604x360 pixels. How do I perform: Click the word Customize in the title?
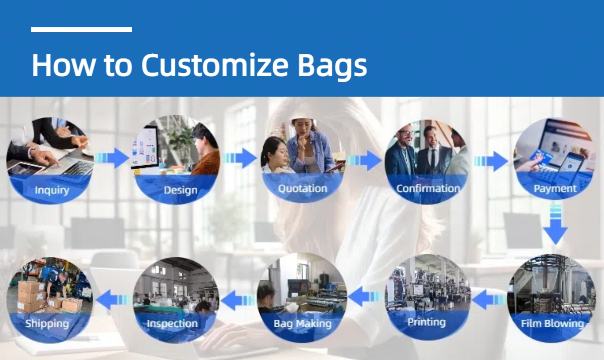pyautogui.click(x=215, y=65)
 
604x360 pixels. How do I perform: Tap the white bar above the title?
pyautogui.click(x=82, y=30)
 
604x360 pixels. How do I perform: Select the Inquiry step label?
pyautogui.click(x=52, y=190)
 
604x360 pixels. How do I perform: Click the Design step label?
pyautogui.click(x=181, y=190)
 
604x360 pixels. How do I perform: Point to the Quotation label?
pyautogui.click(x=303, y=188)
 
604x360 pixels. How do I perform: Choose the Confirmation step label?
pyautogui.click(x=428, y=188)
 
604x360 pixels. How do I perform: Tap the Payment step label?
pyautogui.click(x=555, y=189)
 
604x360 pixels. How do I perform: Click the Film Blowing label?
pyautogui.click(x=552, y=323)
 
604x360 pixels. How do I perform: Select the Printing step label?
pyautogui.click(x=426, y=322)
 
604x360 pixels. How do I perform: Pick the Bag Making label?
pyautogui.click(x=303, y=324)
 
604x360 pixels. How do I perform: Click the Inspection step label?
pyautogui.click(x=172, y=324)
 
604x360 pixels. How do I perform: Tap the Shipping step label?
pyautogui.click(x=47, y=324)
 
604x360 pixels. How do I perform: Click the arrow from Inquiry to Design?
pyautogui.click(x=112, y=158)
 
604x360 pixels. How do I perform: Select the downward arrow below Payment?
pyautogui.click(x=556, y=225)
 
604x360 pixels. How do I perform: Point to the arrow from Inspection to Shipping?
pyautogui.click(x=113, y=300)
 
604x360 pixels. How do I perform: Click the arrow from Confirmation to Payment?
pyautogui.click(x=491, y=161)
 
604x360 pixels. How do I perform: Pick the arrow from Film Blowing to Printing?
pyautogui.click(x=489, y=300)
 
